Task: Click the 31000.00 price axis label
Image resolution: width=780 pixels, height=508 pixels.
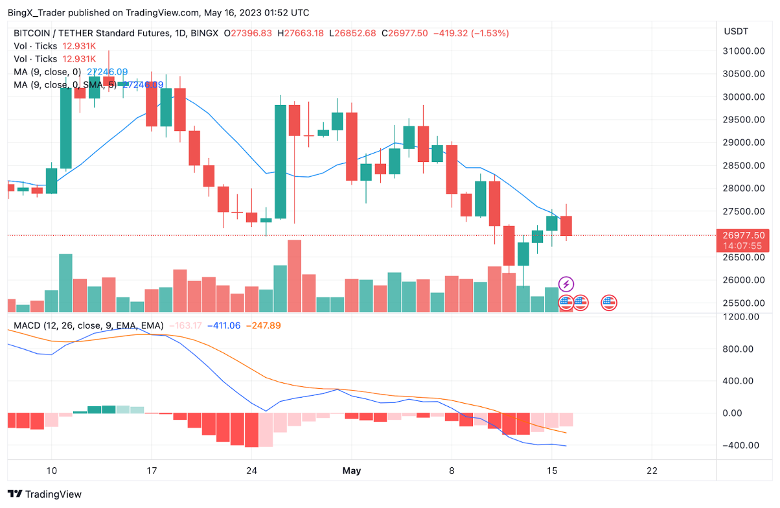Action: coord(745,51)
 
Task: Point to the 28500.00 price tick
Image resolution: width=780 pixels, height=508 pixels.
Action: coord(745,166)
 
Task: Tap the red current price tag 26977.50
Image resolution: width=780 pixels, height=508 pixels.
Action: coord(746,235)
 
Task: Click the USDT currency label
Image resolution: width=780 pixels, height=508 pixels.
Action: coord(736,31)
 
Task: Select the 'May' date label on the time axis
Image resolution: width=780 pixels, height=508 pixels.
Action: coord(351,470)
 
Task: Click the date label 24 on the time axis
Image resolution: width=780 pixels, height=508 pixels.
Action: coord(252,470)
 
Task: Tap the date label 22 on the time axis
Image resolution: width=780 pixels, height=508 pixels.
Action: coord(652,470)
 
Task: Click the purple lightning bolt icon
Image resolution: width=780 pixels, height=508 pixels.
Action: coord(566,284)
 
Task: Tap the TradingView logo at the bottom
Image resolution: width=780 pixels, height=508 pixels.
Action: coord(45,494)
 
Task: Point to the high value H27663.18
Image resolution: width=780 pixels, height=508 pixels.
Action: coord(300,33)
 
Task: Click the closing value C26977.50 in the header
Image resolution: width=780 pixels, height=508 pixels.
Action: coord(404,33)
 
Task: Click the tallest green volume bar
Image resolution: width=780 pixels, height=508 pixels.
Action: coord(65,283)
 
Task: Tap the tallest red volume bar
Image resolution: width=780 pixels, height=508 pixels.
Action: coord(294,276)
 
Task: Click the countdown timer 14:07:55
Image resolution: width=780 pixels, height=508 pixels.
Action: coord(746,246)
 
